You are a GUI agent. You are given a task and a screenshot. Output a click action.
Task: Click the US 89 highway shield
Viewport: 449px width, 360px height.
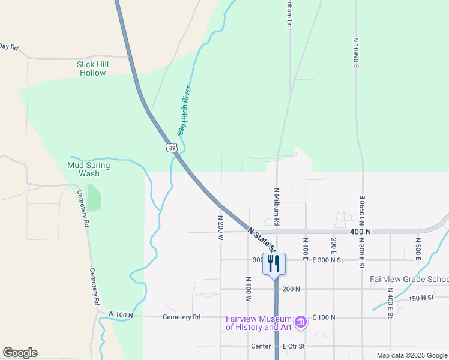point(172,148)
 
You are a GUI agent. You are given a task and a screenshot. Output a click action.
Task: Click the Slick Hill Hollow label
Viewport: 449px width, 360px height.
point(92,68)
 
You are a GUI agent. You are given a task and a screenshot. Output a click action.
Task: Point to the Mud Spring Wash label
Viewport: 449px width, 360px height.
point(89,169)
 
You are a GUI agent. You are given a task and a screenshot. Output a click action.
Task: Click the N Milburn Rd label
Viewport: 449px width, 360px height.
point(277,206)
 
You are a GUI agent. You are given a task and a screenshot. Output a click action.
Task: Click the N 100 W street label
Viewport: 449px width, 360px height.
point(247,289)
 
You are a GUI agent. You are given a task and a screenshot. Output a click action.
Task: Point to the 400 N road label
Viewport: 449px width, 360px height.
point(361,232)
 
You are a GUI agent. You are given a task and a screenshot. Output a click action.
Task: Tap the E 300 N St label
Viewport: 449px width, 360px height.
point(327,260)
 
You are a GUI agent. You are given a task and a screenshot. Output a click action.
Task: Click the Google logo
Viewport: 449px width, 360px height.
point(20,353)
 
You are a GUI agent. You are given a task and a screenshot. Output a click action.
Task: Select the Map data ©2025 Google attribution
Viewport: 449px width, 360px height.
point(412,355)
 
